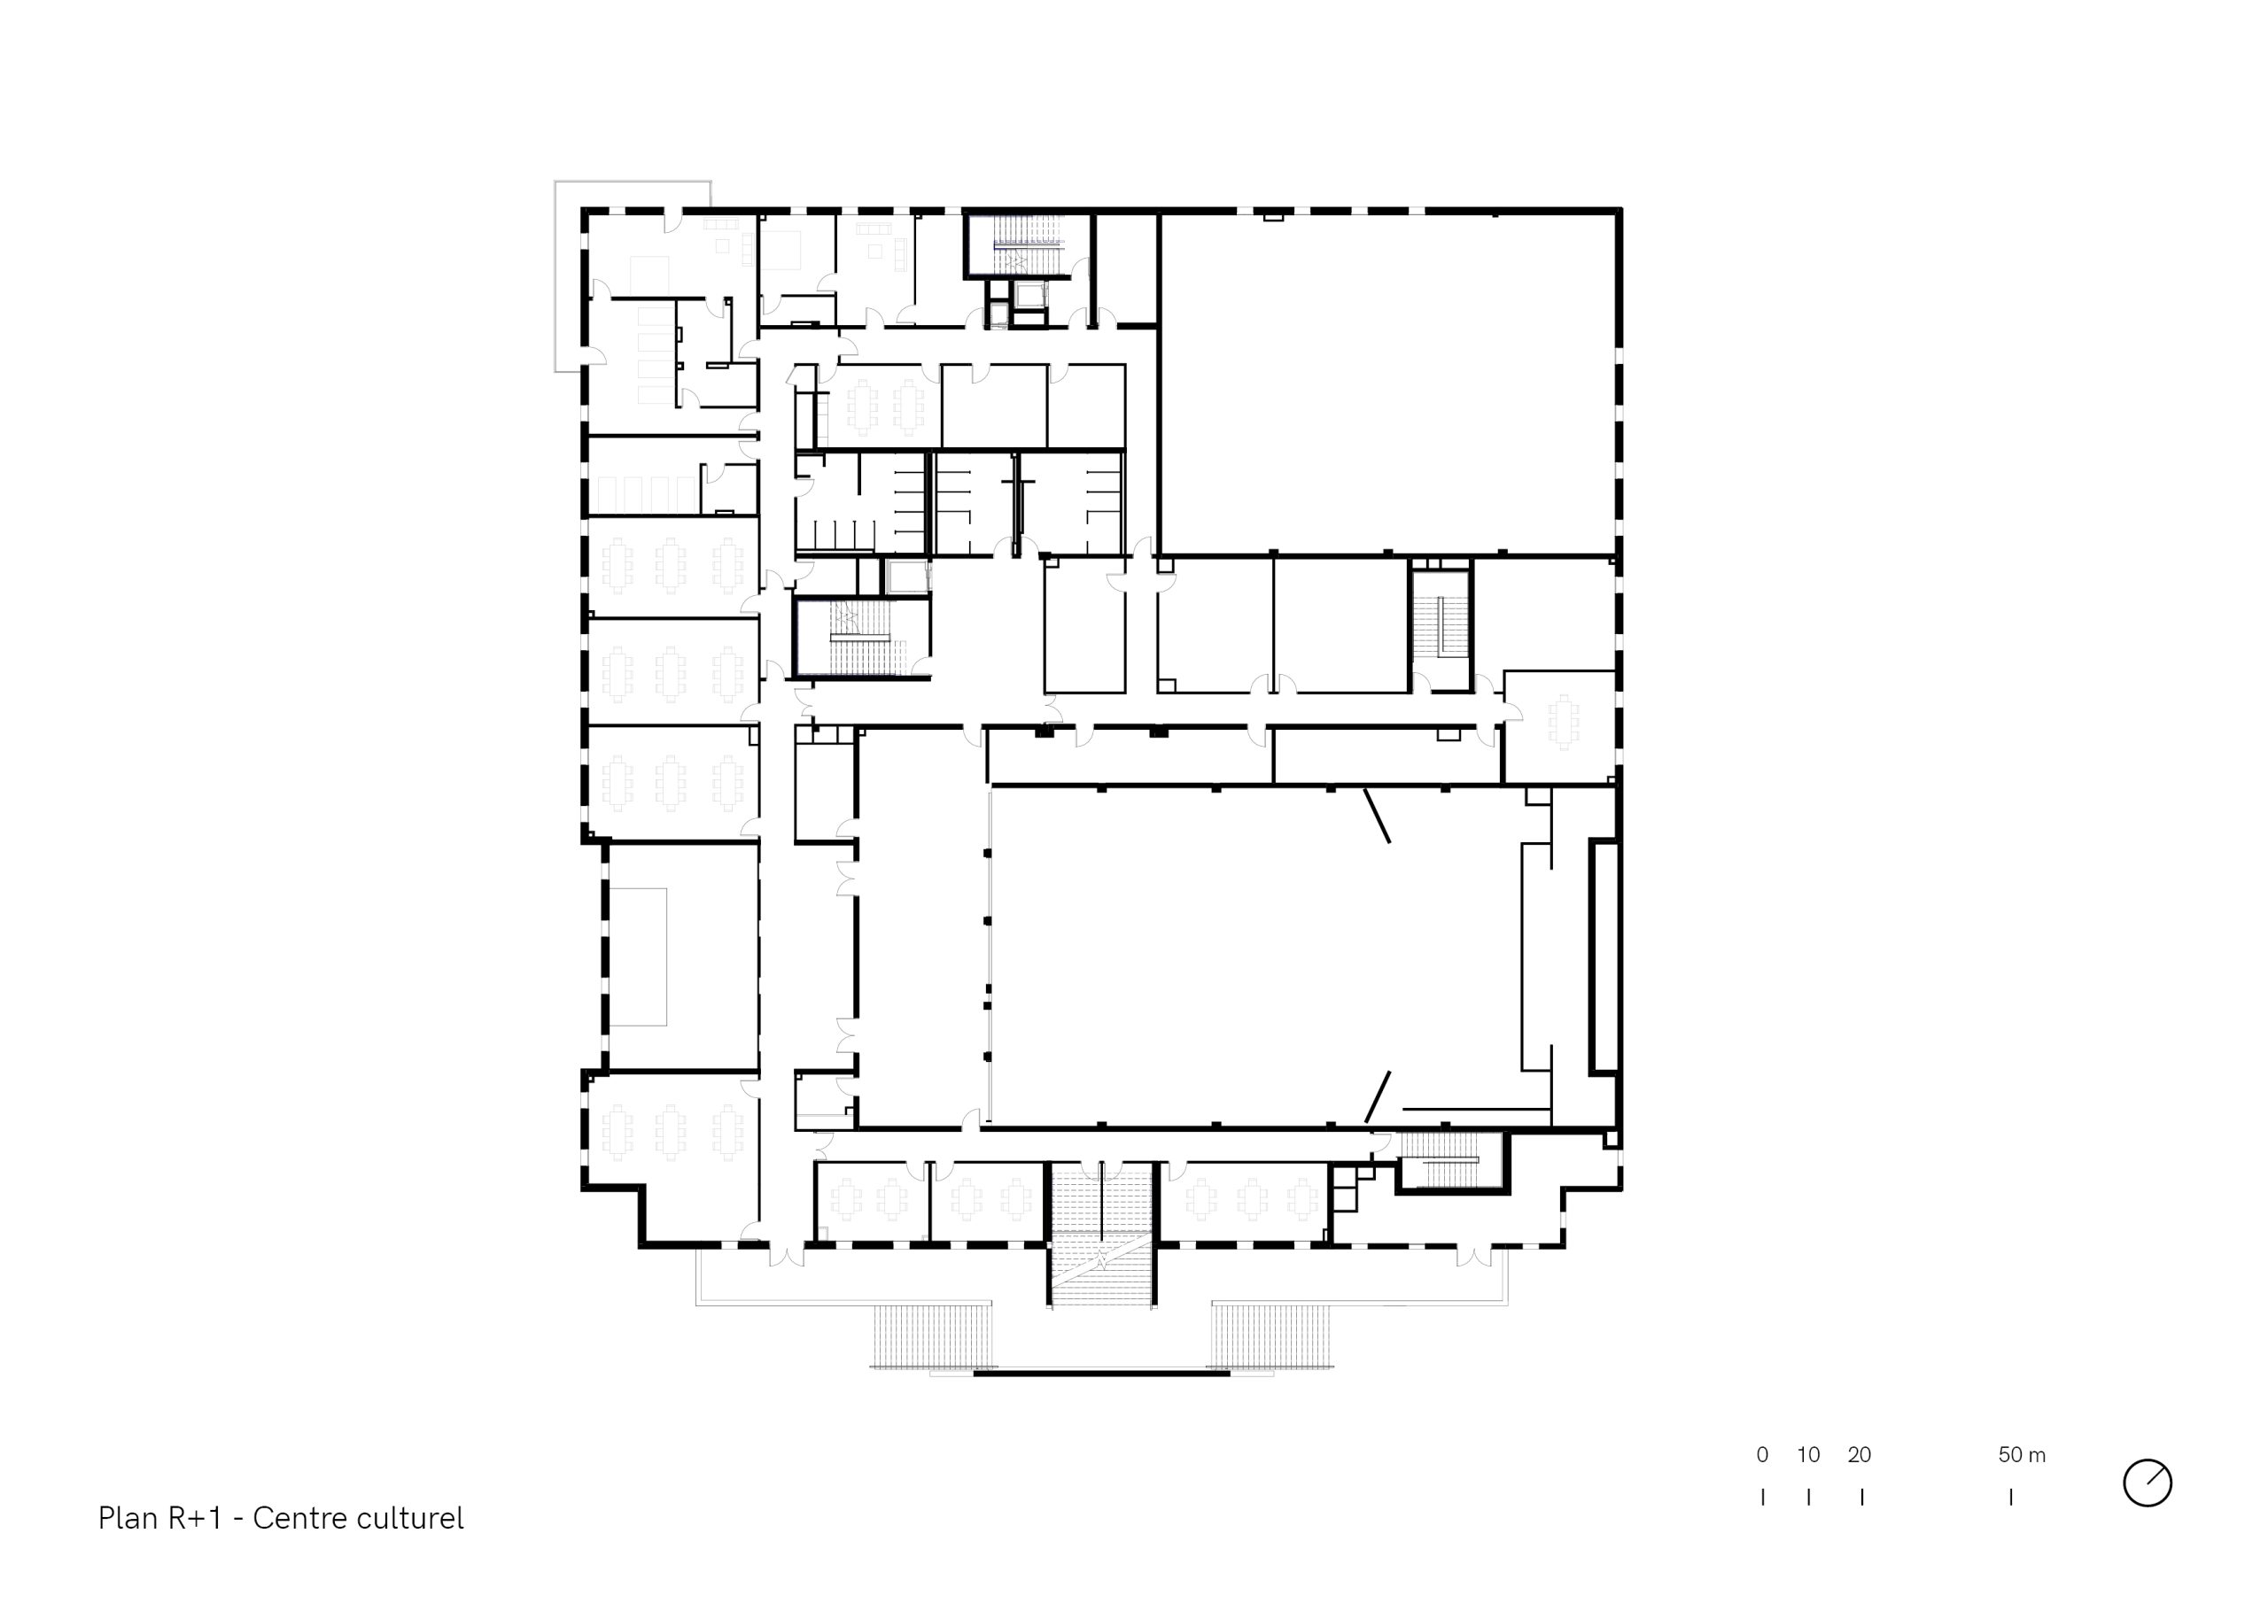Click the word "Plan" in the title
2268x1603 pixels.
pos(128,1518)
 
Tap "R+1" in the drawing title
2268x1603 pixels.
pos(195,1518)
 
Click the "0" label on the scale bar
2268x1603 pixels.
pos(1762,1455)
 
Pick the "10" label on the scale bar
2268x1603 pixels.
pos(1807,1455)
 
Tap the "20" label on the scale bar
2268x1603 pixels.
pos(1859,1455)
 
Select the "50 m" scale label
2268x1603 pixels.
pos(2022,1455)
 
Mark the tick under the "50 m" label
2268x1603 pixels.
pos(2011,1498)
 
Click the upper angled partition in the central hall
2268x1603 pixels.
pos(1378,815)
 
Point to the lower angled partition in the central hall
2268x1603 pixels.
pos(1378,1096)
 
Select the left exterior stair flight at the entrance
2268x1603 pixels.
pos(931,1336)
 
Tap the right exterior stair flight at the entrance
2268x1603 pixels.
pos(1274,1336)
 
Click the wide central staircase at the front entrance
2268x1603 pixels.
pos(1100,1235)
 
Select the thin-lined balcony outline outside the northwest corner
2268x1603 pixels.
pos(555,276)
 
